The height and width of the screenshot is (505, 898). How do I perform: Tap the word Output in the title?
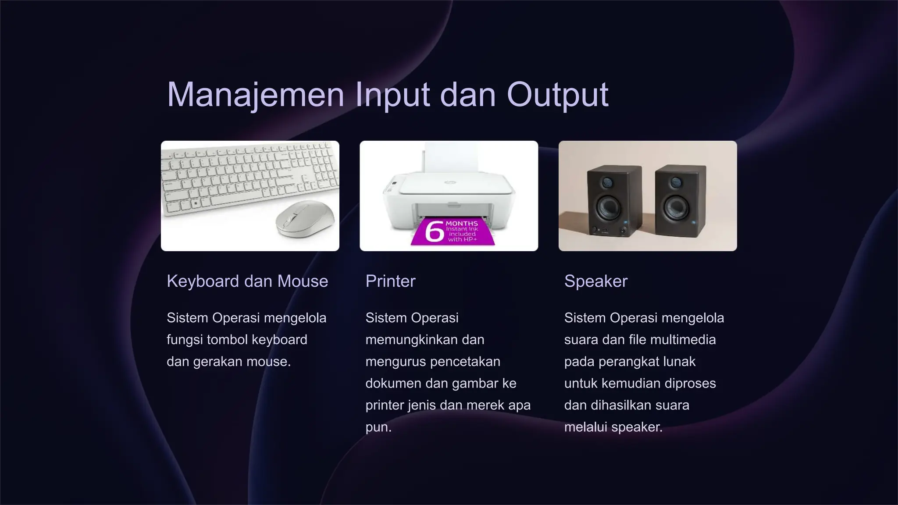click(x=557, y=94)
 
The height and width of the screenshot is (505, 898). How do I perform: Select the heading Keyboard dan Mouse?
click(x=247, y=281)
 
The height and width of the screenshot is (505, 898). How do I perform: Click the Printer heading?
click(x=390, y=281)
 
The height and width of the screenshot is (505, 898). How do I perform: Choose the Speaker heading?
click(x=595, y=281)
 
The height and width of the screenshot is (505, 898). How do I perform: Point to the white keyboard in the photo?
click(x=237, y=180)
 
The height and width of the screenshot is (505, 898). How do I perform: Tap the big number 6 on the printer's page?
click(x=434, y=231)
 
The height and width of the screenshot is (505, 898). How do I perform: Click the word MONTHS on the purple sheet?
click(x=461, y=224)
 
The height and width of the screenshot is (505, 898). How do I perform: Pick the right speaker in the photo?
click(x=680, y=199)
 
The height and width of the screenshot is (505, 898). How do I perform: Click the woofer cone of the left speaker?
click(x=606, y=206)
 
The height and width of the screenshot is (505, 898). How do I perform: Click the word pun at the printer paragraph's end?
click(x=377, y=427)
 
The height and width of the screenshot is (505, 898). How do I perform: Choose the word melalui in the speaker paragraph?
click(x=586, y=427)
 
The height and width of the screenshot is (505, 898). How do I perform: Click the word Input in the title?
click(x=392, y=94)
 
